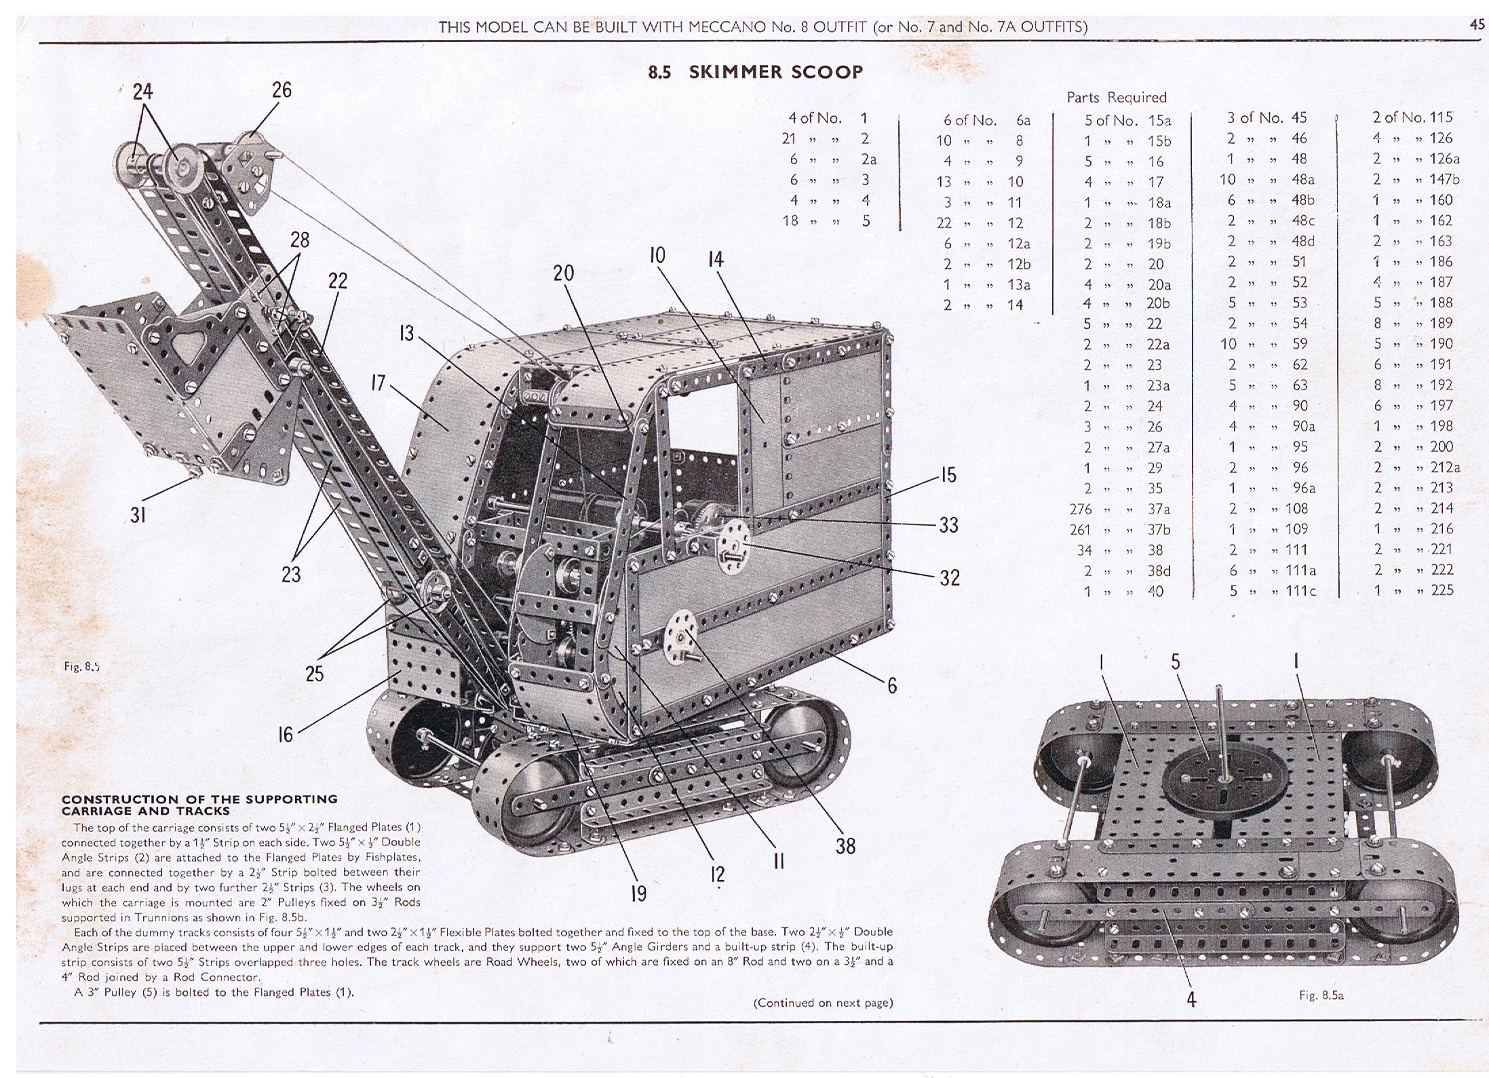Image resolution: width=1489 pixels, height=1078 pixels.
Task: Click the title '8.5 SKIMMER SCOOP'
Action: click(x=755, y=72)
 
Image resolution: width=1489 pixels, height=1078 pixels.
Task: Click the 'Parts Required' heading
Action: click(x=1116, y=97)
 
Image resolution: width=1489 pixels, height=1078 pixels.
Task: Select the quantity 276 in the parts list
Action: click(x=1081, y=509)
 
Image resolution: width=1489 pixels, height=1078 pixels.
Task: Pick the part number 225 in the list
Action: click(x=1442, y=590)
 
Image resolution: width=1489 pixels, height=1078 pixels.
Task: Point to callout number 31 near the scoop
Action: click(x=138, y=516)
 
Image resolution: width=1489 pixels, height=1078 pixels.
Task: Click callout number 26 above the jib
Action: click(x=282, y=90)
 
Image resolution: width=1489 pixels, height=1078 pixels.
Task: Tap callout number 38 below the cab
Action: click(x=845, y=846)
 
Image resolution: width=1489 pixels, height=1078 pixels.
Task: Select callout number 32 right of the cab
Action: click(x=949, y=577)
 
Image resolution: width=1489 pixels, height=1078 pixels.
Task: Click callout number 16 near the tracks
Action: click(x=286, y=734)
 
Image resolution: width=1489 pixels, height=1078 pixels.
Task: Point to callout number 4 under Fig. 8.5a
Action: click(x=1192, y=999)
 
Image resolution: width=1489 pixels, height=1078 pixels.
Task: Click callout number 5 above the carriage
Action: click(x=1176, y=661)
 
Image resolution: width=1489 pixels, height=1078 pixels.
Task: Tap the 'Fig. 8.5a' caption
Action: click(x=1321, y=995)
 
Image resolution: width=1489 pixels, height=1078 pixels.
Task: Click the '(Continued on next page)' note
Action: click(x=823, y=1003)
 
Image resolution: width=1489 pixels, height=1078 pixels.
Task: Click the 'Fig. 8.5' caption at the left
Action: click(x=81, y=666)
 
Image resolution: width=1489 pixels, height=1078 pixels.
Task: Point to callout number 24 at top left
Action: click(x=142, y=92)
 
